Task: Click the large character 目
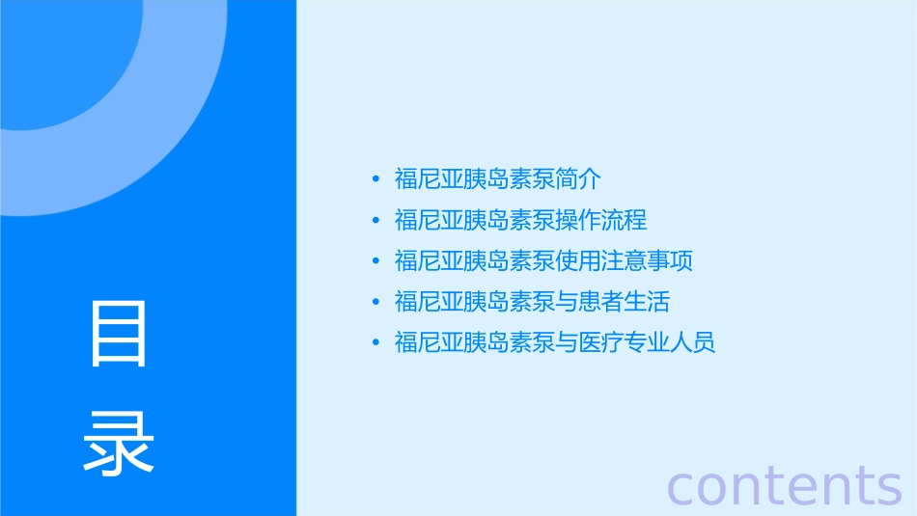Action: point(119,334)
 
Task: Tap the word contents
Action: point(785,485)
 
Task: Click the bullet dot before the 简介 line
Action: point(375,179)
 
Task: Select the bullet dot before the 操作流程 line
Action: point(375,221)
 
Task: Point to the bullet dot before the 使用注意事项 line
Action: point(375,261)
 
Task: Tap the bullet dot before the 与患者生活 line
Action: point(375,302)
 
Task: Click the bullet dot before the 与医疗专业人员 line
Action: point(375,342)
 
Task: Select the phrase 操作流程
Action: point(602,221)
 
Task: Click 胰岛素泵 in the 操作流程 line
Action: point(510,221)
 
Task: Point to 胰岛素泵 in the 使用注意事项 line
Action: point(510,261)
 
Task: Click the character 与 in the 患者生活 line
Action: point(568,302)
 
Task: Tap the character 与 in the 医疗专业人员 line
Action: point(568,342)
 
